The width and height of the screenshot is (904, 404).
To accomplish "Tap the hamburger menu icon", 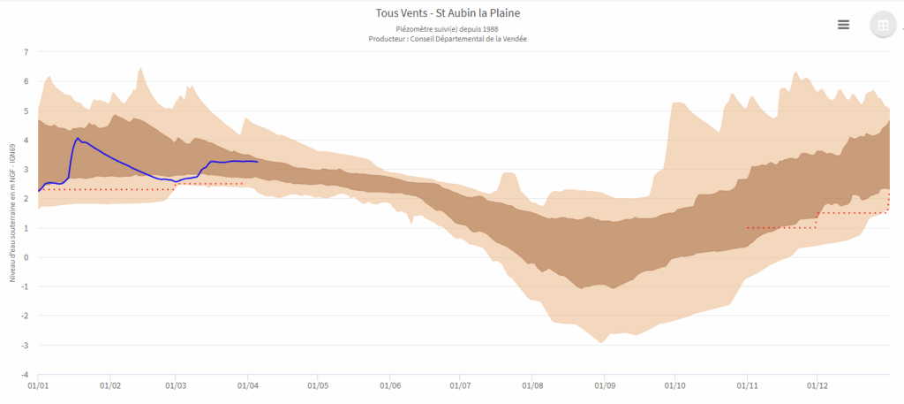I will pyautogui.click(x=843, y=25).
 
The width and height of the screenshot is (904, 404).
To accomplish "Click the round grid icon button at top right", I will pyautogui.click(x=881, y=26).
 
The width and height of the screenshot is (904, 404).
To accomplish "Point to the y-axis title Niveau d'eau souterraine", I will pyautogui.click(x=12, y=212).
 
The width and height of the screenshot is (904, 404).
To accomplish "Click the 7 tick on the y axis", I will pyautogui.click(x=26, y=52).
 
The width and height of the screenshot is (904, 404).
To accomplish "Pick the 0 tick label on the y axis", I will pyautogui.click(x=26, y=257).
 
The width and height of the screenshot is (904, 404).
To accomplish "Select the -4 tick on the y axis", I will pyautogui.click(x=25, y=375).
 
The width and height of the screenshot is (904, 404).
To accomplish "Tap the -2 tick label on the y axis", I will pyautogui.click(x=25, y=316).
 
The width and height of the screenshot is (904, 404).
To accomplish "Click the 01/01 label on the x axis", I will pyautogui.click(x=38, y=385).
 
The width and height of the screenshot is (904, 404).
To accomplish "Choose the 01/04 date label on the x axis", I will pyautogui.click(x=247, y=385).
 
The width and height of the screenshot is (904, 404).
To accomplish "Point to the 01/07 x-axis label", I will pyautogui.click(x=460, y=385).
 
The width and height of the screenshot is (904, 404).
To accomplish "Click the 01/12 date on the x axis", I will pyautogui.click(x=817, y=385).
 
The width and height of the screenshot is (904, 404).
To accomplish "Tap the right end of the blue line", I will pyautogui.click(x=257, y=162).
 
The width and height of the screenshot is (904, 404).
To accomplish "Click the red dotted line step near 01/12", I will pyautogui.click(x=817, y=219).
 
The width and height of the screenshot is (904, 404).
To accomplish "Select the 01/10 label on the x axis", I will pyautogui.click(x=674, y=385).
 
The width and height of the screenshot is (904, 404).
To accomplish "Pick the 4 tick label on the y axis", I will pyautogui.click(x=26, y=140).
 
